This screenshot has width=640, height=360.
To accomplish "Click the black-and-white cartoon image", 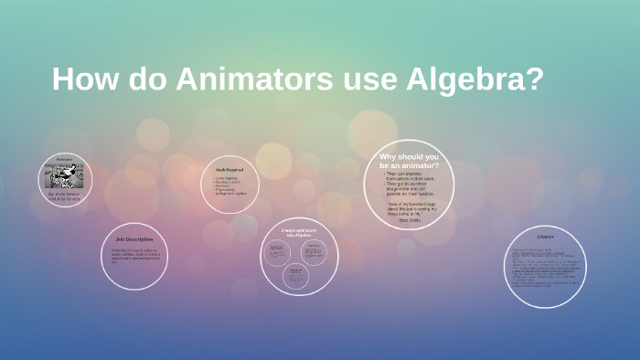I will coord(65,175).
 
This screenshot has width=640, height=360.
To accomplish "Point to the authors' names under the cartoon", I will coord(65,196).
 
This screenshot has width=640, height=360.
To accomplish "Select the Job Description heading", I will coord(133,239).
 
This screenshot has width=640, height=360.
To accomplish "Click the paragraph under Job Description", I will coord(133,256).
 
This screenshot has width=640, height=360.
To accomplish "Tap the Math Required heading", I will coord(229,170).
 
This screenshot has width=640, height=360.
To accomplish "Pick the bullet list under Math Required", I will coord(229,185).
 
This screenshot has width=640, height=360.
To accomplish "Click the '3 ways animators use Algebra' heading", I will coord(299,232).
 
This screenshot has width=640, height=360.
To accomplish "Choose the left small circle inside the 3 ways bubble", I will coord(278,251).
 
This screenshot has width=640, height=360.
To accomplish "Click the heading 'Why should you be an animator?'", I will coord(409,161).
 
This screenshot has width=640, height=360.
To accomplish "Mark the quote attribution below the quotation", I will coord(408,218).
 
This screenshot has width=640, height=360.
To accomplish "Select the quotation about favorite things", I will coord(408,206).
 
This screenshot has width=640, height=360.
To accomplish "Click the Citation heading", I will coord(545,237).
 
